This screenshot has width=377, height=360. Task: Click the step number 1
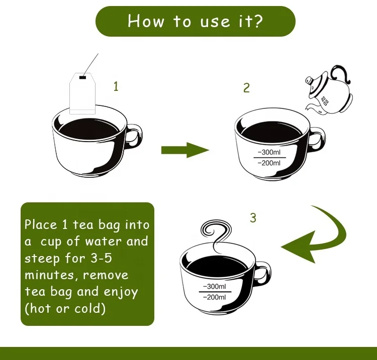click(116, 86)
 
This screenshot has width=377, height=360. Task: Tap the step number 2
click(246, 88)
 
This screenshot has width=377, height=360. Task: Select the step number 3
click(253, 218)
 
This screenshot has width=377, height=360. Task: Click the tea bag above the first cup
click(82, 93)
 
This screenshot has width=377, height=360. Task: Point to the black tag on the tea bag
click(82, 77)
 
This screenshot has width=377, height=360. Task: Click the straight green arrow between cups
click(185, 150)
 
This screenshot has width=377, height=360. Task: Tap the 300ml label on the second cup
click(269, 152)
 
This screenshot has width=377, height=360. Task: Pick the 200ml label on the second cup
click(269, 163)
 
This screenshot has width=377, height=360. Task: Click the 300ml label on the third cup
click(215, 286)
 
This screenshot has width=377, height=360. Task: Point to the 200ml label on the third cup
click(215, 297)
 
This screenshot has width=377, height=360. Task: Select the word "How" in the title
click(146, 21)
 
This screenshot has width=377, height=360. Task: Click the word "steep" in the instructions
click(42, 259)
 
